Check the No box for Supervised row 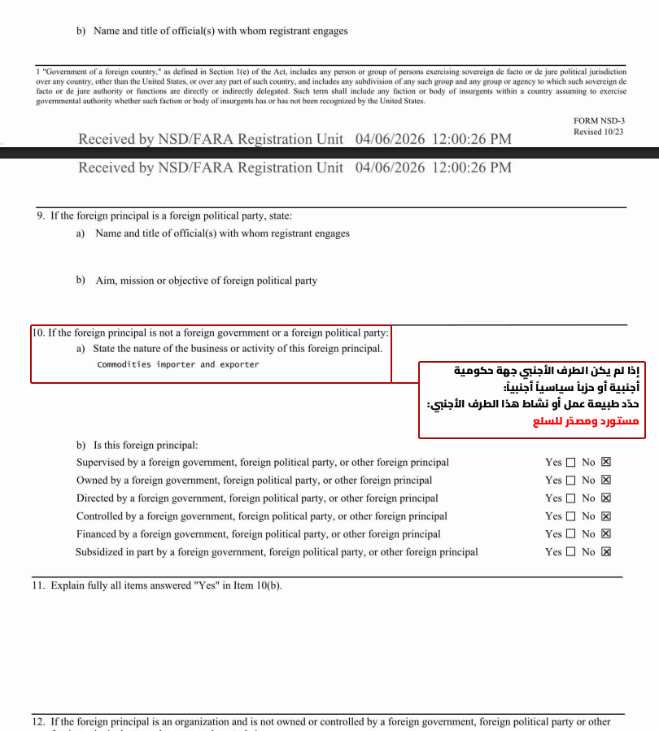(x=605, y=463)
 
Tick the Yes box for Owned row (x=570, y=481)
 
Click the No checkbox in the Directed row (x=605, y=498)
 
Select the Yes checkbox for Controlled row (x=570, y=516)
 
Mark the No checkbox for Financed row (x=605, y=534)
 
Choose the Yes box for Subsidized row (x=570, y=552)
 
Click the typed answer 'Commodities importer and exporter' (x=177, y=364)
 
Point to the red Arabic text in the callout (x=586, y=422)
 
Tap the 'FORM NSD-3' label (x=599, y=121)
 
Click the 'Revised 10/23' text (x=599, y=132)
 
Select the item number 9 (x=40, y=216)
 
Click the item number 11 (x=38, y=585)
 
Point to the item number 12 (x=38, y=721)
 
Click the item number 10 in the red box (x=38, y=333)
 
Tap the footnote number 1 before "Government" (x=37, y=72)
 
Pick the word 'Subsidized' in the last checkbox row (x=98, y=552)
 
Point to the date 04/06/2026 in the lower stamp (x=390, y=168)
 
